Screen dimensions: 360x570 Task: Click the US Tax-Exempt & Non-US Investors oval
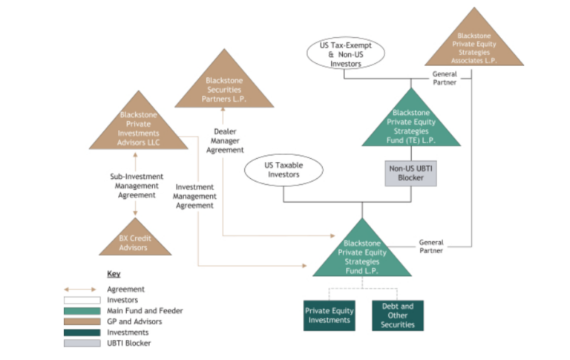coord(345,55)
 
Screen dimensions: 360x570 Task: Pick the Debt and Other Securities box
coord(399,315)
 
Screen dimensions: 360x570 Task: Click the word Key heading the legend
coord(113,274)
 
